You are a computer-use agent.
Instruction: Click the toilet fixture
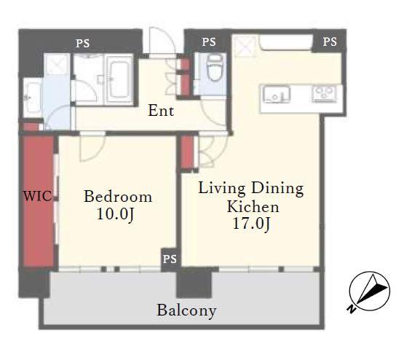pos(214,69)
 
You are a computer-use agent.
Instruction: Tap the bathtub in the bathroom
pos(119,79)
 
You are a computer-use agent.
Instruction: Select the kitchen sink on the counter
pos(276,94)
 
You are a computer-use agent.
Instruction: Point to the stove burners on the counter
pos(325,93)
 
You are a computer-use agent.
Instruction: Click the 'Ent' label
pos(161,111)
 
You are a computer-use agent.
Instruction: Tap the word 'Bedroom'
pos(118,197)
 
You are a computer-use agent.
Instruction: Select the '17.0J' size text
pos(251,224)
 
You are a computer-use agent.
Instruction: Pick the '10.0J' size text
pos(116,214)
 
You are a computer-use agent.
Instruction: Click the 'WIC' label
pos(37,196)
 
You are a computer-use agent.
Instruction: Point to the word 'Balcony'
pos(186,310)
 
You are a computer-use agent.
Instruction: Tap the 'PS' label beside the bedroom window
pos(170,259)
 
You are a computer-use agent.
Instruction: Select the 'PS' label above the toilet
pos(209,42)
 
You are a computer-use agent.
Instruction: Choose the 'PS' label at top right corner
pos(330,42)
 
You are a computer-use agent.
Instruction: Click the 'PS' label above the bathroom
pos(83,44)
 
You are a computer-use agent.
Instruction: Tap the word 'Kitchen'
pos(253,207)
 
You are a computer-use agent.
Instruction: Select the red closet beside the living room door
pos(187,152)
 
